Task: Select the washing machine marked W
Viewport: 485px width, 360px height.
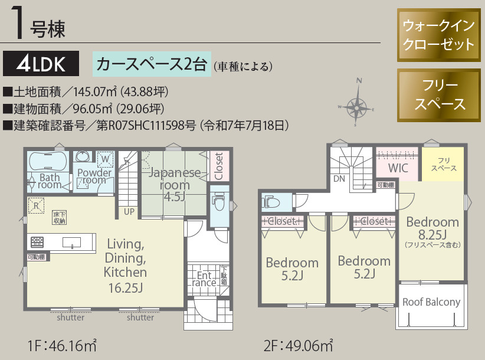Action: [105, 159]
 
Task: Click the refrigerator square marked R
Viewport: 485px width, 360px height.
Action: [37, 206]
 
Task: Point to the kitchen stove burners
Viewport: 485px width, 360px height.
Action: [37, 241]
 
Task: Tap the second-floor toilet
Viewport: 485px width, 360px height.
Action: [272, 202]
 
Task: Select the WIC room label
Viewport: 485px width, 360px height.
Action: [398, 168]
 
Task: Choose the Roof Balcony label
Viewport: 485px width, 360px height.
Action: [431, 302]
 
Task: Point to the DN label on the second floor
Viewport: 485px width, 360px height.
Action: [339, 179]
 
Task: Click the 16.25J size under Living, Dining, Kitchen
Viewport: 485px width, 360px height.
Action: [124, 288]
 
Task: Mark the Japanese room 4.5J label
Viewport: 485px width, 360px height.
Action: [174, 184]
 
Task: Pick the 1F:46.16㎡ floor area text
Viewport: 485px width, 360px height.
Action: [62, 343]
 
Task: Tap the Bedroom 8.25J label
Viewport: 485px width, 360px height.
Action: [432, 227]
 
